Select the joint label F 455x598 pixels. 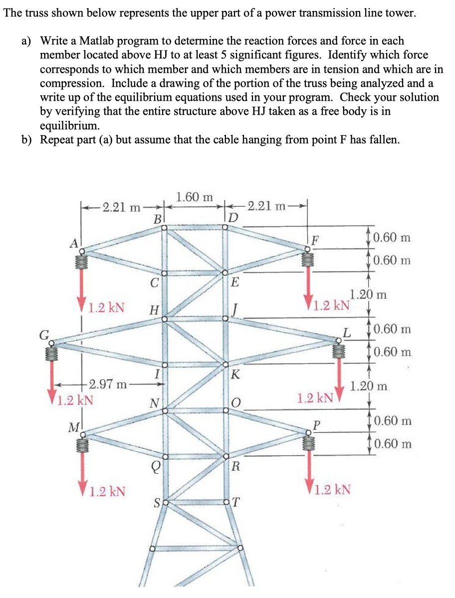click(314, 239)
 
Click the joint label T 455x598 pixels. click(235, 503)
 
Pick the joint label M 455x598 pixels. click(73, 427)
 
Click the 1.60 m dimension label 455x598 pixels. click(195, 197)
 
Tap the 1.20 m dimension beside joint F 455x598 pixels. click(369, 294)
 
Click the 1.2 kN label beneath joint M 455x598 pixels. click(107, 491)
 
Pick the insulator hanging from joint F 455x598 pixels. click(308, 259)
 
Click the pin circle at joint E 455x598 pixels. click(225, 273)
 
